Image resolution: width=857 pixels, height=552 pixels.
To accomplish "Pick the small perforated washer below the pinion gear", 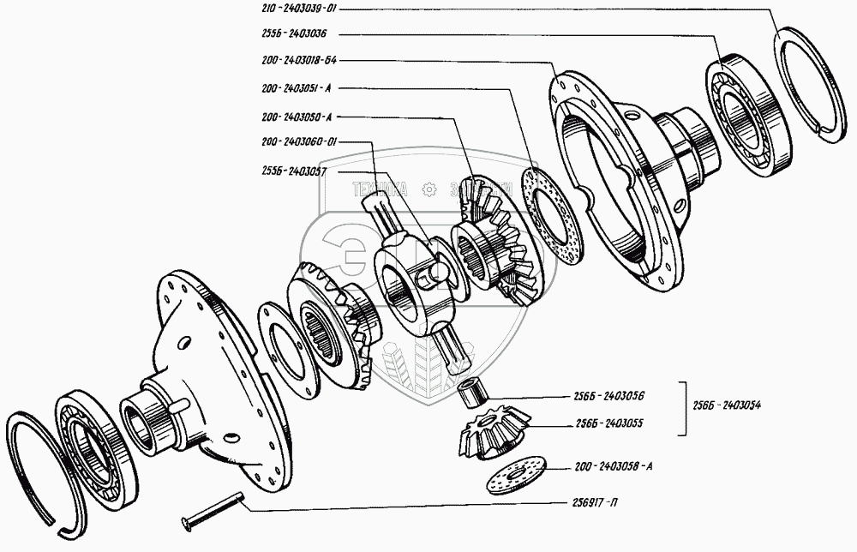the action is click(x=514, y=477).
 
